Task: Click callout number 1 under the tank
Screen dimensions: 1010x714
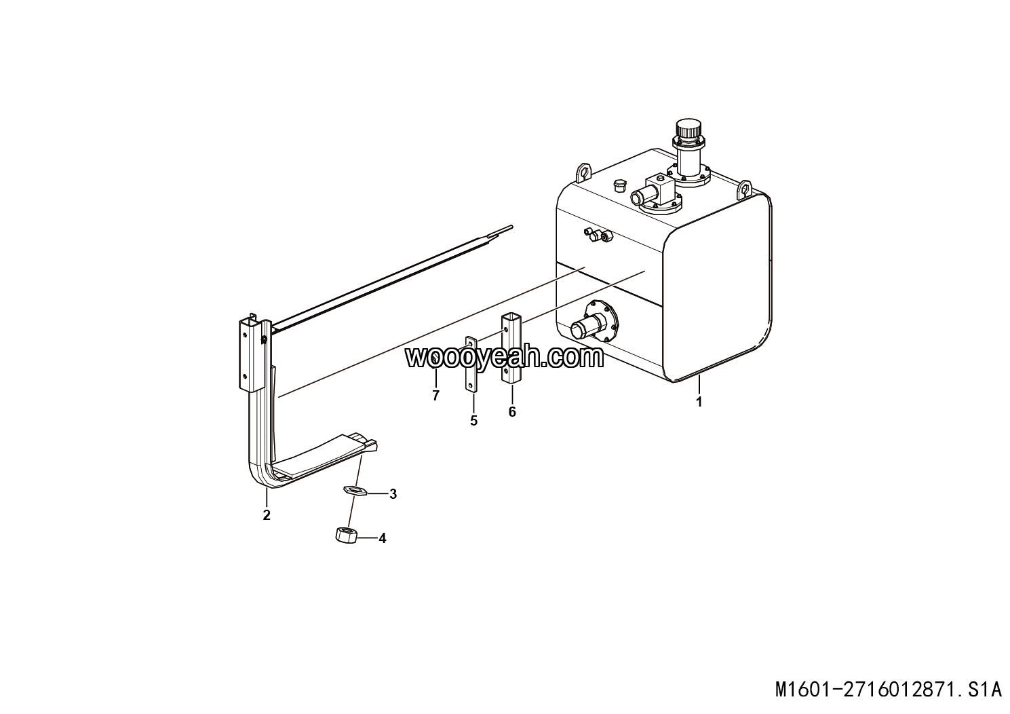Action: coord(699,401)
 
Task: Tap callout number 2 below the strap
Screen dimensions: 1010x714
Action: coord(267,515)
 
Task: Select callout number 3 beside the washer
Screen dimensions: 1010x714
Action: coord(393,494)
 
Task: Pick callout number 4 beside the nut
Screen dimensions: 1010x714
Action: coord(383,538)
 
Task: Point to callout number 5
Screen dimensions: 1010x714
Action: coord(473,421)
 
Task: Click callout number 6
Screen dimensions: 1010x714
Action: coord(512,412)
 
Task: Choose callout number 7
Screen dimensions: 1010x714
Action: coord(435,396)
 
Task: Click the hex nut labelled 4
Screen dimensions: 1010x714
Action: coord(347,535)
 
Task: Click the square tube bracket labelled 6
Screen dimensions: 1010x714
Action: coord(511,349)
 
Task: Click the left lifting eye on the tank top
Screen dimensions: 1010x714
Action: coord(583,172)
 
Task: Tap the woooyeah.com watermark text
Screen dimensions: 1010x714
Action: coord(504,358)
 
